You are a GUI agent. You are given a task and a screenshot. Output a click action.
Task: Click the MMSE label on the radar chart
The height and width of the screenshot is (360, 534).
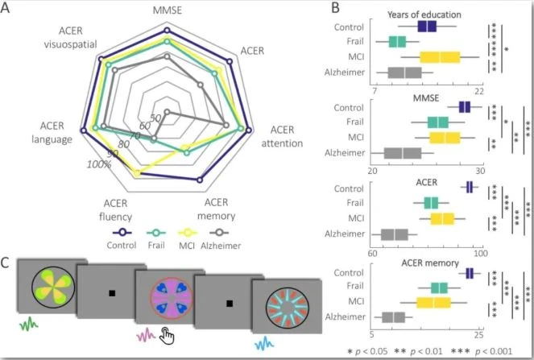click(x=168, y=10)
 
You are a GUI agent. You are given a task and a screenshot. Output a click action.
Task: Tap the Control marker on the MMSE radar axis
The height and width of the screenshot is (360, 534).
click(x=167, y=30)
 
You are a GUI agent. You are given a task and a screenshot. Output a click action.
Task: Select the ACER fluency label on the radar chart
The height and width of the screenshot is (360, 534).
click(x=115, y=210)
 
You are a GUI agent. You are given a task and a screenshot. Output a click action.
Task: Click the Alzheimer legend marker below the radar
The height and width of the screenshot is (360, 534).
click(x=219, y=233)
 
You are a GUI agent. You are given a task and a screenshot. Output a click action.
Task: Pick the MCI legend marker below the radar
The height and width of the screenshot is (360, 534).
click(x=188, y=233)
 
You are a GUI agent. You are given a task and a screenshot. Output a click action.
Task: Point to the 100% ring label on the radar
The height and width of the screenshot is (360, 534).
click(x=99, y=165)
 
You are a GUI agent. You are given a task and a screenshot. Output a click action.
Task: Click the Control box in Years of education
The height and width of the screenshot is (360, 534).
click(x=427, y=27)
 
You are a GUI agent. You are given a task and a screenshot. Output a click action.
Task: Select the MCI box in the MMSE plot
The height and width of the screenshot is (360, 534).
click(x=445, y=138)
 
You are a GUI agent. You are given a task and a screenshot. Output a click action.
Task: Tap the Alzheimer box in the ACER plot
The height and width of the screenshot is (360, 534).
click(x=395, y=234)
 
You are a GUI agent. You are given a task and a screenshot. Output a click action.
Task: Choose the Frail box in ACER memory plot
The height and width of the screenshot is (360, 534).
click(x=439, y=288)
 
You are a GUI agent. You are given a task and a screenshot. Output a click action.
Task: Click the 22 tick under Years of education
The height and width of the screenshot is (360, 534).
click(x=479, y=91)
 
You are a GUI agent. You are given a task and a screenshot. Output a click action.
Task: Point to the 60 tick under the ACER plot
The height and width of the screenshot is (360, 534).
click(x=372, y=254)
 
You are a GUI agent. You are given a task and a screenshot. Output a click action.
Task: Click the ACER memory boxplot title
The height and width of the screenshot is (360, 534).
click(x=430, y=263)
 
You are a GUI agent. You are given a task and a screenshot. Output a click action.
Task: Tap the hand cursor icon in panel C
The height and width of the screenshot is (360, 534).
click(x=167, y=336)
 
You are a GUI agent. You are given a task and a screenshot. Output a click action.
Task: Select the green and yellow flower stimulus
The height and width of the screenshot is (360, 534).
click(x=52, y=287)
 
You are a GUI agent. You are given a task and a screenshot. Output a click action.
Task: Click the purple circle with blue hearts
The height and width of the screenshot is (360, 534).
click(x=172, y=298)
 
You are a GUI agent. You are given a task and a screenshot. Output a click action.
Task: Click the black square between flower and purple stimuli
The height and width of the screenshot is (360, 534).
click(x=112, y=293)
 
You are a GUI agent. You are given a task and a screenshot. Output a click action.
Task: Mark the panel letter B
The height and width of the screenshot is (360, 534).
click(x=335, y=7)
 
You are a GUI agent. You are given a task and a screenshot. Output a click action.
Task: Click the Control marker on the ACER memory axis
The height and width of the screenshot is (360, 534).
click(x=200, y=180)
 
